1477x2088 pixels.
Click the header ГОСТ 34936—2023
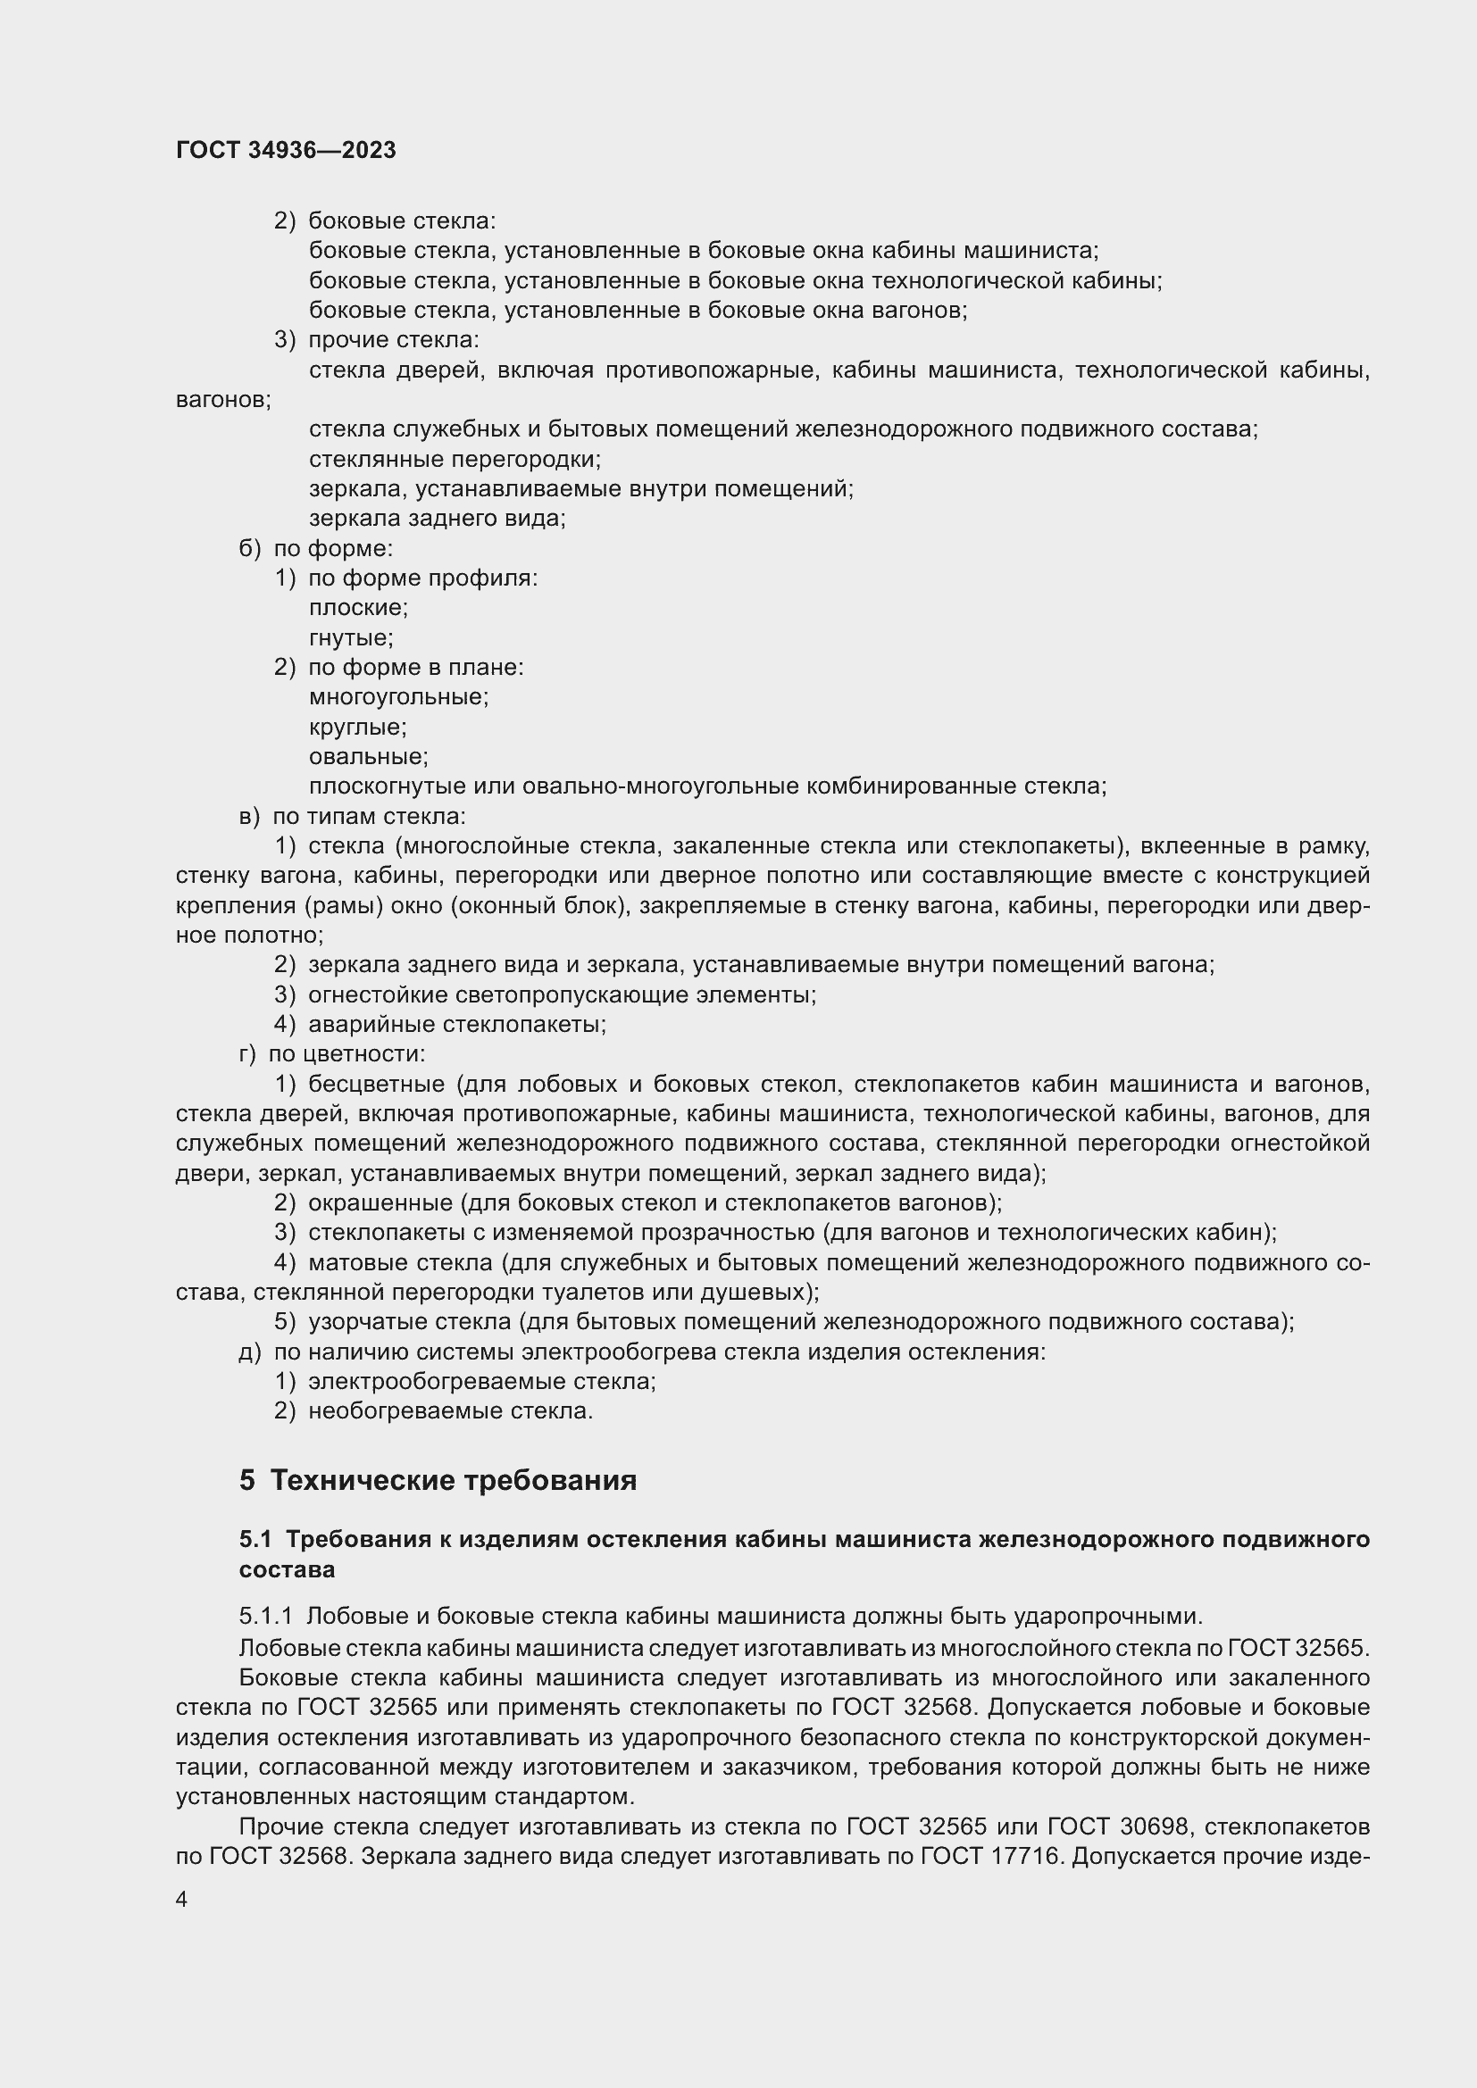(x=286, y=150)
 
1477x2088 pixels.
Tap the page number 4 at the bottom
(x=182, y=1900)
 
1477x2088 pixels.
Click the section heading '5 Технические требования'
(x=438, y=1480)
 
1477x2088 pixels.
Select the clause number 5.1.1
(x=265, y=1616)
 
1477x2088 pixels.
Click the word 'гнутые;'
(x=351, y=637)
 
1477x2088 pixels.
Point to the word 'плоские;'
(x=358, y=608)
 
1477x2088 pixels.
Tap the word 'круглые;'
(x=357, y=727)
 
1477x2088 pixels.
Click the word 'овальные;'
(x=368, y=757)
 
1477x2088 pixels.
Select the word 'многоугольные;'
(x=398, y=696)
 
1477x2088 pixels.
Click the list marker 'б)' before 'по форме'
(x=249, y=548)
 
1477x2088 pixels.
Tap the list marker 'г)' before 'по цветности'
(x=247, y=1054)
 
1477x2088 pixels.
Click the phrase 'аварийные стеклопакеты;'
(x=457, y=1024)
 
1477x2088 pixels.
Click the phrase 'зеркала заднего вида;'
(x=437, y=519)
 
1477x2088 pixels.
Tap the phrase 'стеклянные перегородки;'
(x=455, y=459)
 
